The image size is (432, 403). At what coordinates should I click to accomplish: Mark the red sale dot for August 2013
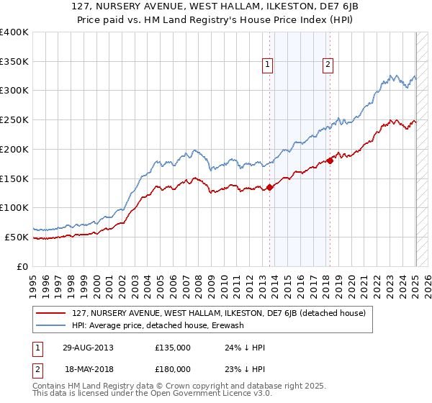coord(270,187)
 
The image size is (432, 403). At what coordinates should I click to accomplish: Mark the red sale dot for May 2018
coord(330,160)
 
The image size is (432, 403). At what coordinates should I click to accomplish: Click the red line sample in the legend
coord(51,314)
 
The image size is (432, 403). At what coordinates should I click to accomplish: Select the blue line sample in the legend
coord(51,325)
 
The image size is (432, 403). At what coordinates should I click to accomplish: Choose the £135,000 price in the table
coord(173,348)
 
